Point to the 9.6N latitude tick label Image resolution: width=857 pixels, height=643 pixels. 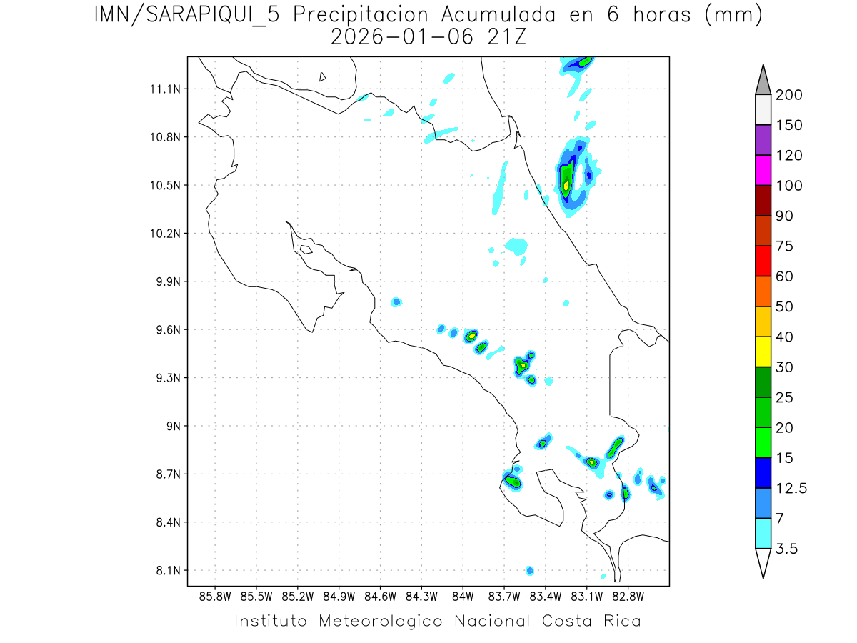(x=166, y=330)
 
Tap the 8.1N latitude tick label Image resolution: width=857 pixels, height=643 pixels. (x=166, y=571)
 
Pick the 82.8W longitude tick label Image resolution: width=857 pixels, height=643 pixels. (x=628, y=596)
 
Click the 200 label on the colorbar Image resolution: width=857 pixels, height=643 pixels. (x=788, y=95)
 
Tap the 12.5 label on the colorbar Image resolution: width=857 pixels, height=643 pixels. (x=791, y=489)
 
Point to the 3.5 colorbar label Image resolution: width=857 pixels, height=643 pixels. (x=787, y=549)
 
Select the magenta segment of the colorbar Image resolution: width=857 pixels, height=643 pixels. (x=763, y=170)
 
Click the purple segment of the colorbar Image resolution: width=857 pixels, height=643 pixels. (x=763, y=140)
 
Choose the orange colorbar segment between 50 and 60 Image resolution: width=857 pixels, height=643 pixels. (x=763, y=291)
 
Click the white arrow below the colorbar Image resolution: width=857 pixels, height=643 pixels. (x=763, y=562)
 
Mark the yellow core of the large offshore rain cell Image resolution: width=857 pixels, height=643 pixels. (x=566, y=185)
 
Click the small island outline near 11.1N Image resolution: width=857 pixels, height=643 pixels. (x=323, y=76)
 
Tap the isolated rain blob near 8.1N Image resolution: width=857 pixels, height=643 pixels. (x=529, y=570)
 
